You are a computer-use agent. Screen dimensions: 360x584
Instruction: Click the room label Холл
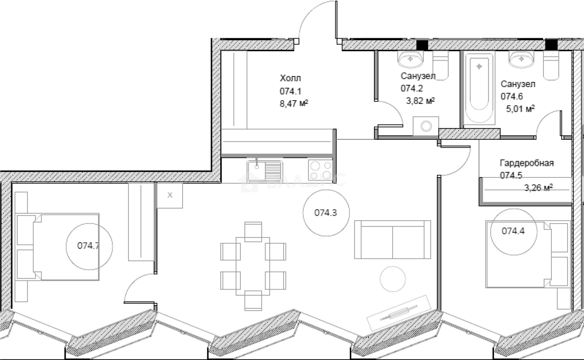click(290, 78)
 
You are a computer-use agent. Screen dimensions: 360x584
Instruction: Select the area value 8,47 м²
click(294, 103)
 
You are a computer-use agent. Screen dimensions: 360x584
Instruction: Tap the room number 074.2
click(411, 88)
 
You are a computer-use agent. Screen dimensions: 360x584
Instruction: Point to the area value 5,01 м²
click(520, 109)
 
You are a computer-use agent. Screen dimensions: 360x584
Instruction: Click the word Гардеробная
click(527, 163)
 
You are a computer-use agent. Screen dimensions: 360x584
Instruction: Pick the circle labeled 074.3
click(325, 213)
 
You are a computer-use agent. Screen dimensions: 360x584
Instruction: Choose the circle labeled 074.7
click(88, 246)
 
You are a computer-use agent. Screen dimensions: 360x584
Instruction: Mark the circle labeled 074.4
click(513, 231)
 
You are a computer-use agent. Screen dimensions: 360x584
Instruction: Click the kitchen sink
click(265, 171)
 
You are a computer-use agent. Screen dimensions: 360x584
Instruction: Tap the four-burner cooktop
click(320, 170)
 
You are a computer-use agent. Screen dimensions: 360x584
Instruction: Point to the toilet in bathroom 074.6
click(550, 65)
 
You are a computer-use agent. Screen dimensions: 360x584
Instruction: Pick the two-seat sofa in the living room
click(392, 239)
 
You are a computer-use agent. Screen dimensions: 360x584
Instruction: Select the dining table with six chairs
click(253, 266)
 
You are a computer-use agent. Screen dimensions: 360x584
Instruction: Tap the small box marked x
click(170, 195)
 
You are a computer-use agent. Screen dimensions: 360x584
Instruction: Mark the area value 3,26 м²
click(538, 188)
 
